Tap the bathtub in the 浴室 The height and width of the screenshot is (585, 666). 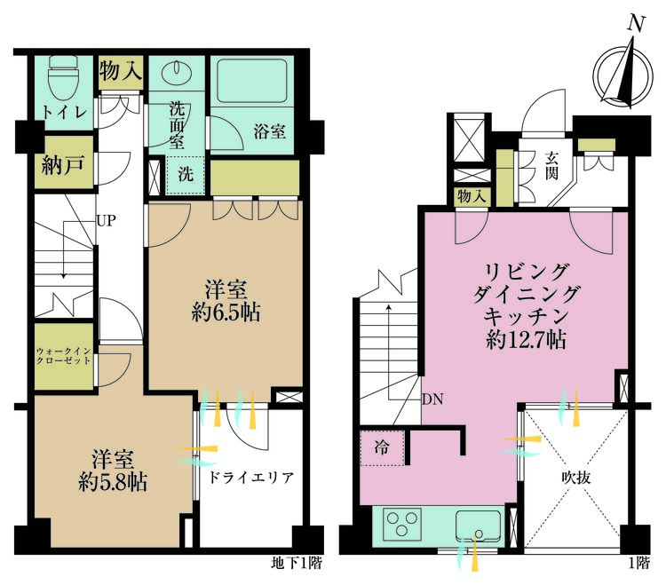point(252,80)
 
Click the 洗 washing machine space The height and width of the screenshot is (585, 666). point(186,175)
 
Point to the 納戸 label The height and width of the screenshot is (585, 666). point(63,165)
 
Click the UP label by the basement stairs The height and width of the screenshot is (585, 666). point(106,221)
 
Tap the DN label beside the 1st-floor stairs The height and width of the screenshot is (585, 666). point(432,399)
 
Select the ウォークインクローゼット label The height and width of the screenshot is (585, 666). point(63,356)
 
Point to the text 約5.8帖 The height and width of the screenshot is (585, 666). point(113,483)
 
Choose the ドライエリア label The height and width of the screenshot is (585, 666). point(250,478)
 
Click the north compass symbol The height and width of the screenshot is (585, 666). point(622,75)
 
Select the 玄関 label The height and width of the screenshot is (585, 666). point(551,166)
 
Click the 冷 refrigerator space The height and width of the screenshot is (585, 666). point(382,448)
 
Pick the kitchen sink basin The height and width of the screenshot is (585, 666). point(479,526)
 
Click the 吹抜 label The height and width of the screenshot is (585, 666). point(576,478)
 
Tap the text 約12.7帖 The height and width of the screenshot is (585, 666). point(526,340)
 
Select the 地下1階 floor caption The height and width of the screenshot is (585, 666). point(297,564)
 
